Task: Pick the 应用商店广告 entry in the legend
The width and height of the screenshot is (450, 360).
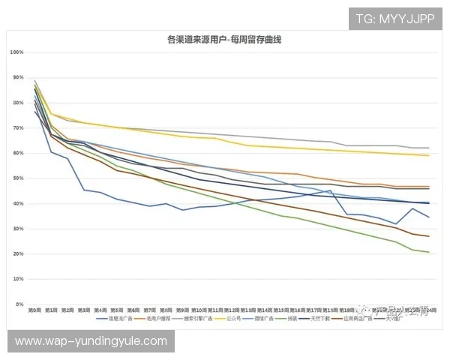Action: click(359, 319)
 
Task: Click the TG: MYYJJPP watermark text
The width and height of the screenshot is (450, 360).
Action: click(395, 18)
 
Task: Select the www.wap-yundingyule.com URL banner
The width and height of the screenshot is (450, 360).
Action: click(91, 341)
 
